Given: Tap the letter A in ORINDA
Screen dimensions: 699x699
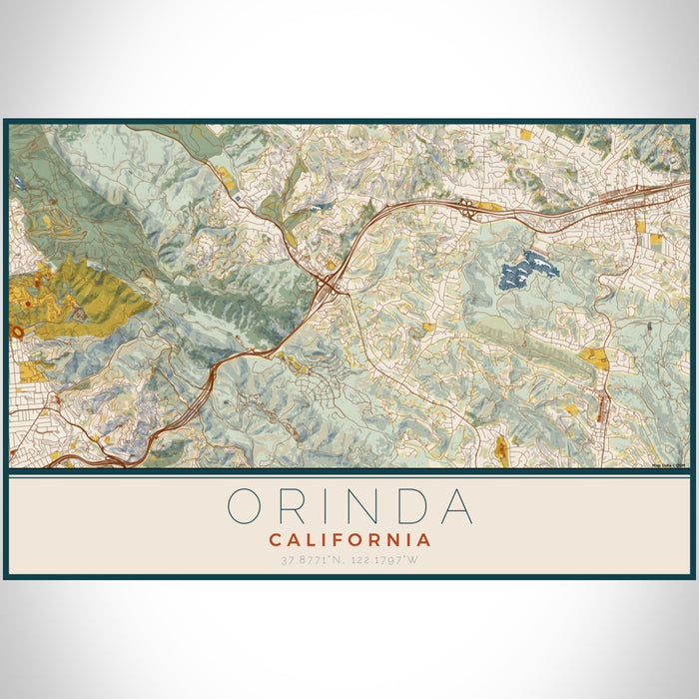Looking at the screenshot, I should tap(455, 506).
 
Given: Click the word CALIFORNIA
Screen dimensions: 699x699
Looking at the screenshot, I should tap(349, 540).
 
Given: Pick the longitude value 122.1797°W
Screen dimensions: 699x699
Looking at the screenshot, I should tap(389, 560).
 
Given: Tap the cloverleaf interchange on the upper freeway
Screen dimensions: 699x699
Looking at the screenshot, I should tap(466, 207).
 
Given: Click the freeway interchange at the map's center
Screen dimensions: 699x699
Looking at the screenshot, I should tap(327, 287).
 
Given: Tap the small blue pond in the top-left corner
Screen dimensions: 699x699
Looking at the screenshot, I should tap(19, 183).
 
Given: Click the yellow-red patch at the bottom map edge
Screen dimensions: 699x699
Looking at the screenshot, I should tap(501, 451).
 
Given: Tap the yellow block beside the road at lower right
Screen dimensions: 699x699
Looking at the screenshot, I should tap(593, 357).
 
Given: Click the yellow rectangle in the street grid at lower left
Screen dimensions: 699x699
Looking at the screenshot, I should tap(30, 371).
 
